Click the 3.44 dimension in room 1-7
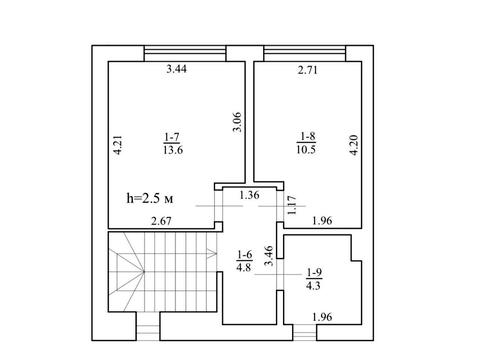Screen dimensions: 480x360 click(x=177, y=69)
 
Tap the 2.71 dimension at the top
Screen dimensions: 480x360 click(x=308, y=70)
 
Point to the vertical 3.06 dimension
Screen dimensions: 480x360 click(x=237, y=122)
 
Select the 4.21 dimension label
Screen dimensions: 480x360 click(x=118, y=145)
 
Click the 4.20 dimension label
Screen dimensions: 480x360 click(x=354, y=145)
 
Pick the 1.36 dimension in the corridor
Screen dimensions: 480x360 click(x=249, y=195)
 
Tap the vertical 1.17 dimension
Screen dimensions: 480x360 click(x=292, y=205)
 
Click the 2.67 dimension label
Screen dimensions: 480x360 click(x=161, y=221)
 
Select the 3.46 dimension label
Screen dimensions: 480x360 click(x=268, y=256)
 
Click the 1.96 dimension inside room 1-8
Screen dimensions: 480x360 click(x=322, y=221)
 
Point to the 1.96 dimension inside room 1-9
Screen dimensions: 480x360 click(x=322, y=317)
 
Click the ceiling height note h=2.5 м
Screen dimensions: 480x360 click(x=150, y=199)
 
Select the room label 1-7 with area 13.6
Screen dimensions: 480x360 click(x=173, y=144)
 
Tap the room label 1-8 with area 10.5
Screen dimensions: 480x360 click(x=306, y=143)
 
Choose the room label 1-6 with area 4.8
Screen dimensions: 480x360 click(x=244, y=261)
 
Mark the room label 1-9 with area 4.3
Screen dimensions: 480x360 click(x=314, y=279)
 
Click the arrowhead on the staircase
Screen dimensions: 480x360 click(x=212, y=254)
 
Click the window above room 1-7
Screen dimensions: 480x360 click(x=185, y=53)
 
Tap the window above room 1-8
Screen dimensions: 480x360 click(x=305, y=53)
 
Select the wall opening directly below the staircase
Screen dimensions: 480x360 click(x=148, y=326)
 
